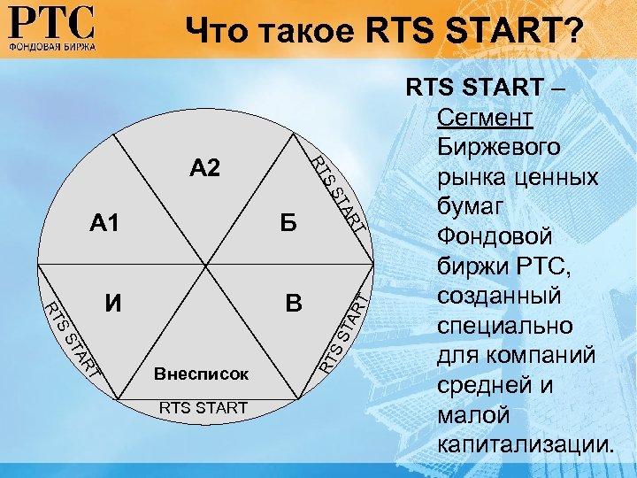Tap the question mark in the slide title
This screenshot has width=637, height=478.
click(573, 32)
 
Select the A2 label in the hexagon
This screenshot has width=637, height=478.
click(204, 168)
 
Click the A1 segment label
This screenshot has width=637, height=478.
click(104, 224)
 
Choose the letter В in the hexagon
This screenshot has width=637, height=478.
click(294, 305)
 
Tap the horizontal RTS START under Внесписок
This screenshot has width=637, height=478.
click(203, 406)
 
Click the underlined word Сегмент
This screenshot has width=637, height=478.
click(483, 119)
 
